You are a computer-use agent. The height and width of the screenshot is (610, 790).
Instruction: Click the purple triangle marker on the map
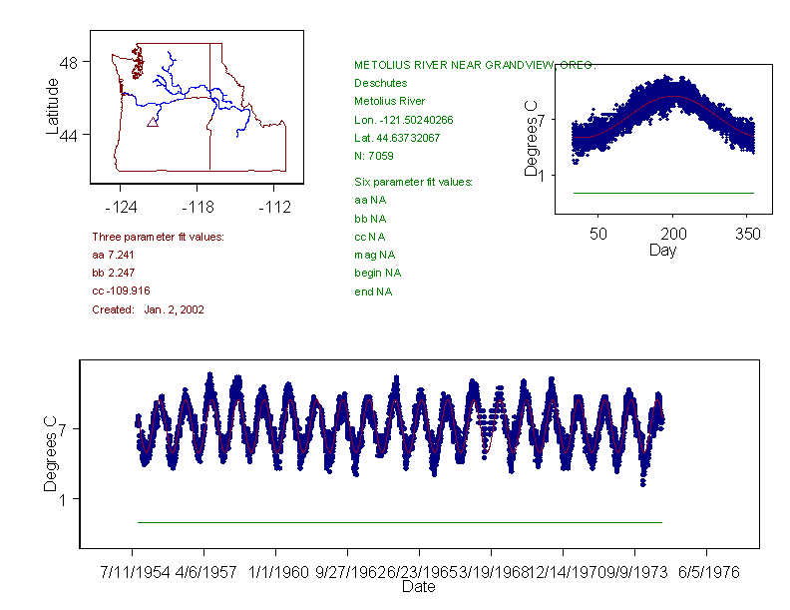[153, 122]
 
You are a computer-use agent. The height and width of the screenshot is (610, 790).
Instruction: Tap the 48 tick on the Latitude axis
[69, 62]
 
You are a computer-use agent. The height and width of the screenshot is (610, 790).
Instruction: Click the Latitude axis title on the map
[53, 107]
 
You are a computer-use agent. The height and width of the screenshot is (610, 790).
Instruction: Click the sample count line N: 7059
[374, 156]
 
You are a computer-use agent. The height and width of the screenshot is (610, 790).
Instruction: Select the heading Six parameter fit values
[413, 182]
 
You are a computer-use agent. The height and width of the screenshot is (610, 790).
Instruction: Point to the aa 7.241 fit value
[112, 256]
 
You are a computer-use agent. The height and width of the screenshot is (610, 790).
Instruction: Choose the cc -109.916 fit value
[121, 292]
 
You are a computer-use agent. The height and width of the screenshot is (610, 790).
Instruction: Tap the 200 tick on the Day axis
[673, 234]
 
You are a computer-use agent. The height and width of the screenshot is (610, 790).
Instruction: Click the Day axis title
[662, 251]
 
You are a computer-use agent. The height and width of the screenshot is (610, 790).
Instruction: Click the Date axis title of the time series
[418, 587]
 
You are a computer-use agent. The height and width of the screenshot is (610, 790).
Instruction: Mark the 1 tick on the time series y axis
[62, 499]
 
